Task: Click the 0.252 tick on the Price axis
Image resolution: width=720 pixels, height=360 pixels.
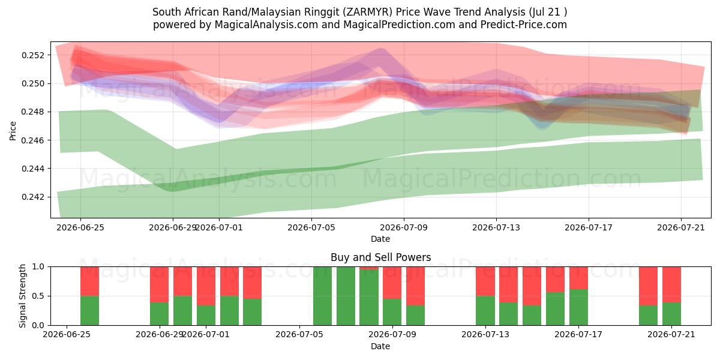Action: pos(34,55)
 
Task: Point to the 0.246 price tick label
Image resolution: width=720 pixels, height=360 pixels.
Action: pos(34,140)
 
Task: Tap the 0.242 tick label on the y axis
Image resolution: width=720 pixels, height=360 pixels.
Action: pos(34,197)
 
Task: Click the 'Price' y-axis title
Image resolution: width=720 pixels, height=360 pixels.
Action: pos(13,131)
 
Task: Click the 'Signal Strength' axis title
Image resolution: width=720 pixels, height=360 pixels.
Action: pos(22,296)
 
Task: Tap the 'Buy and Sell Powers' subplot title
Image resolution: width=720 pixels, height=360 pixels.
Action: pos(380,257)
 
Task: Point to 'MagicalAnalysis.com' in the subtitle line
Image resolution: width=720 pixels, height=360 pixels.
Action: pos(266,25)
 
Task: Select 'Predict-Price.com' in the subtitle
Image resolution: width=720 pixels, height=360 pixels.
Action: pos(524,25)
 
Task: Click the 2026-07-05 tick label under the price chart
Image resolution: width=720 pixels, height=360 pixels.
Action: pos(311,228)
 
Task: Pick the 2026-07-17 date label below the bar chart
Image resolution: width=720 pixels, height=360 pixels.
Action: pos(578,335)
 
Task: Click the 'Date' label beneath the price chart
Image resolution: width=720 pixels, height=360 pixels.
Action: pos(380,239)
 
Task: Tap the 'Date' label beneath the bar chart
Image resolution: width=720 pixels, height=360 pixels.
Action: pos(380,347)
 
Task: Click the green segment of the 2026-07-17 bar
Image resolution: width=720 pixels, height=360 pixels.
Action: pos(578,307)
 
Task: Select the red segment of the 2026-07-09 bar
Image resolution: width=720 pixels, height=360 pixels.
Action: pos(415,286)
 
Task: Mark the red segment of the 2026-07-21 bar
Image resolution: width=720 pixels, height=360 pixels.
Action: pos(671,284)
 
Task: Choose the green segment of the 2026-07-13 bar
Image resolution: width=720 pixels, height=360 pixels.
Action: pos(485,311)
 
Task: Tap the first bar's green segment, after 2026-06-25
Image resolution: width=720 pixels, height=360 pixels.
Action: pos(89,311)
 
